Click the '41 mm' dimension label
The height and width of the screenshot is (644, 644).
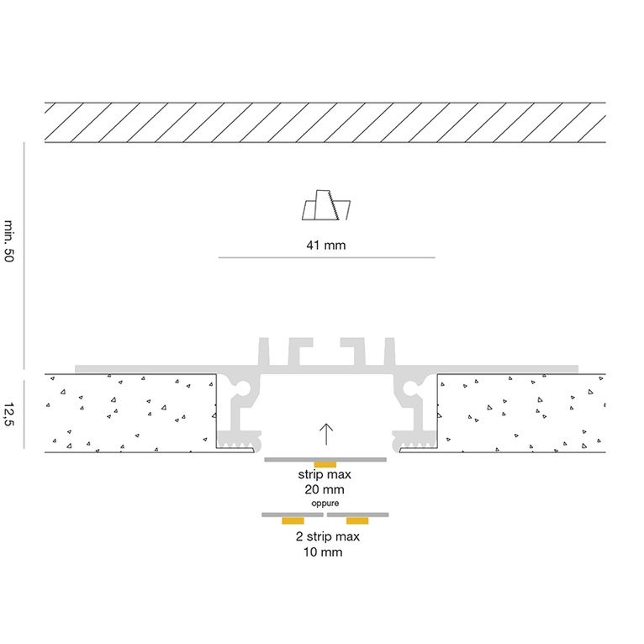(x=326, y=245)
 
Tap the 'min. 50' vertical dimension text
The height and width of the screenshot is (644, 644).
(x=9, y=240)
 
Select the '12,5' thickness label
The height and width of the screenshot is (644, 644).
(x=9, y=414)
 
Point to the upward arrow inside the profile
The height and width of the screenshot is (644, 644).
(x=326, y=434)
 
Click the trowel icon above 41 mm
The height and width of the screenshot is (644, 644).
(x=326, y=205)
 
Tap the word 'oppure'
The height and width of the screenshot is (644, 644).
(x=325, y=503)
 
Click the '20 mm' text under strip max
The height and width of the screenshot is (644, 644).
(x=325, y=489)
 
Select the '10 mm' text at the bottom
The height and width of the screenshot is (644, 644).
(x=323, y=552)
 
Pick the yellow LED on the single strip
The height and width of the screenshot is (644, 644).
(x=325, y=465)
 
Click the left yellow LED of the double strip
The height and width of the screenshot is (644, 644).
(x=293, y=520)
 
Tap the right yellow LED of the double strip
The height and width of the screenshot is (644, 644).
(x=357, y=520)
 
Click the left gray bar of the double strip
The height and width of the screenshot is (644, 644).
(x=293, y=515)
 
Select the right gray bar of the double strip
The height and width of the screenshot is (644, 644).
(x=358, y=515)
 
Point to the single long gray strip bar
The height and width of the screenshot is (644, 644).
(x=325, y=460)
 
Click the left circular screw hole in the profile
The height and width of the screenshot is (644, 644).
(x=243, y=388)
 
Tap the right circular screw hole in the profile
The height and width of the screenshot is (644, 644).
(x=410, y=388)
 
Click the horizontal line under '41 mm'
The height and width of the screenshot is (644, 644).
(x=326, y=257)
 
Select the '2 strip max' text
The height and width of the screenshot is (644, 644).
(x=327, y=536)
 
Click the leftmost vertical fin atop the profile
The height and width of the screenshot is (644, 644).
(x=264, y=351)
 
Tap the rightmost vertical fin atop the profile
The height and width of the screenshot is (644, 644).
(x=390, y=351)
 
